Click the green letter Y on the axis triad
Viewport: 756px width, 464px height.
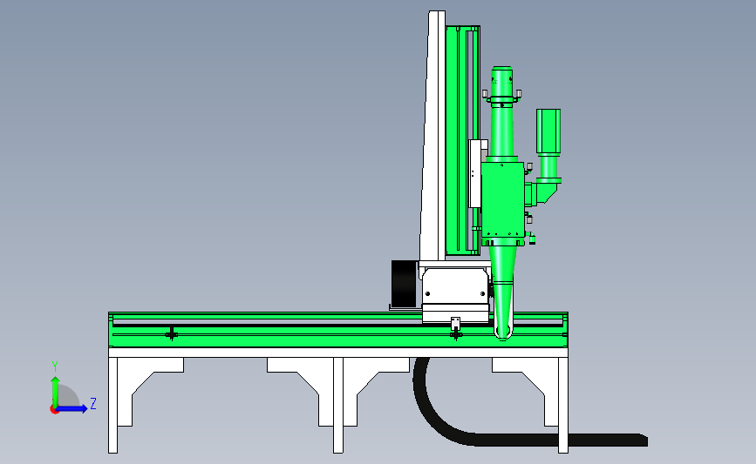pyautogui.click(x=54, y=366)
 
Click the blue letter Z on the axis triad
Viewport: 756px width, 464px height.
pyautogui.click(x=93, y=403)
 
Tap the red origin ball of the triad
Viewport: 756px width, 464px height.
pyautogui.click(x=54, y=409)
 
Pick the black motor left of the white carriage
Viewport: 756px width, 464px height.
pyautogui.click(x=404, y=283)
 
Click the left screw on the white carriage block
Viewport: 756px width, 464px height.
pyautogui.click(x=427, y=293)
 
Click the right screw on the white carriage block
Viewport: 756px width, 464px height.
pyautogui.click(x=482, y=293)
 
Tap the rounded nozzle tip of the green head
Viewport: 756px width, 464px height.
pyautogui.click(x=503, y=333)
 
